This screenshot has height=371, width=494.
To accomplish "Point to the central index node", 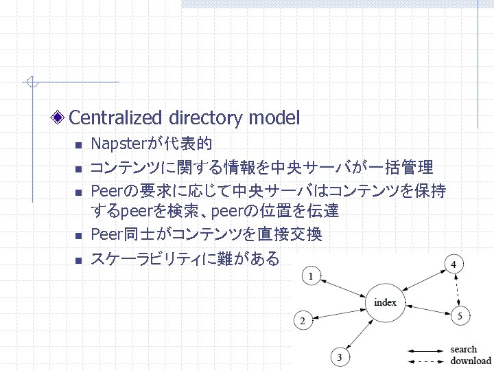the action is click(x=385, y=302).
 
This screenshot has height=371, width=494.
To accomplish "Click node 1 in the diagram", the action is click(x=312, y=277).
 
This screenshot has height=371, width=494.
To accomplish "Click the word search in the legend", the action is click(x=464, y=349).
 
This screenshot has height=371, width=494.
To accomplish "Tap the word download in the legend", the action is click(x=471, y=361).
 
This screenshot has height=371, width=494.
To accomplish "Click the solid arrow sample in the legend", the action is click(x=425, y=350).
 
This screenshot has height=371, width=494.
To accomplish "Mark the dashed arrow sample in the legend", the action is click(x=425, y=361).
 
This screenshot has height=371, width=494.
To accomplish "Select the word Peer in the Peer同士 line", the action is click(x=105, y=235).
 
